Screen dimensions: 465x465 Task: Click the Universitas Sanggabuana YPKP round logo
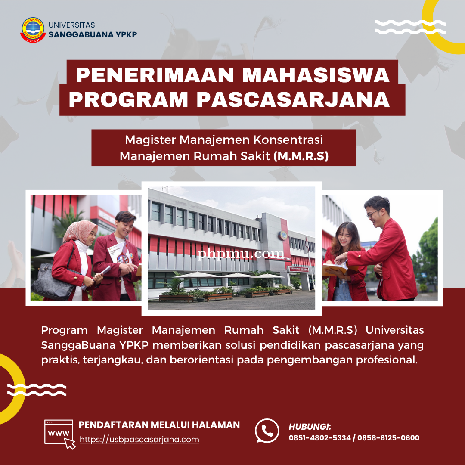coord(33,30)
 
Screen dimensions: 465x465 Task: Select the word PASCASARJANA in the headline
coord(293,99)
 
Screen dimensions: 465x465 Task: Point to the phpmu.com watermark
coord(241,254)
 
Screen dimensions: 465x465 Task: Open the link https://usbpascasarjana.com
coord(139,439)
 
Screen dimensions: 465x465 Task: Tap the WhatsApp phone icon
coord(267,431)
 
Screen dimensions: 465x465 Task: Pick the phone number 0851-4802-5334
coord(319,438)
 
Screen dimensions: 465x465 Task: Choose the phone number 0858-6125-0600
coord(388,438)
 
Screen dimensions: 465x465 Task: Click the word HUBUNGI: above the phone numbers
coord(310,427)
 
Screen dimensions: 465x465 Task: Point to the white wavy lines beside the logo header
coord(410,27)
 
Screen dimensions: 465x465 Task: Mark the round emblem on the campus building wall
coord(282,236)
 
